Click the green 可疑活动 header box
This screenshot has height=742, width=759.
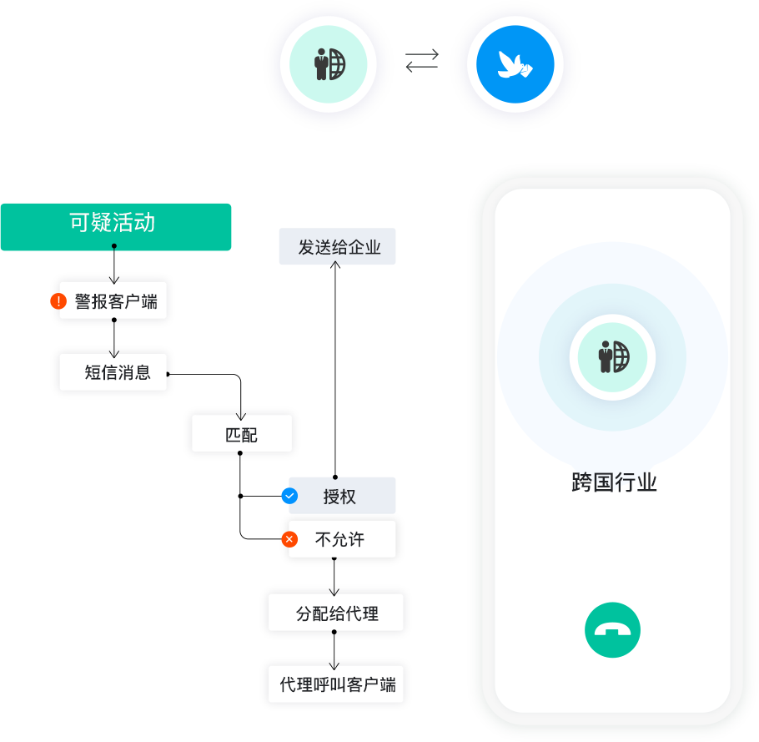(115, 226)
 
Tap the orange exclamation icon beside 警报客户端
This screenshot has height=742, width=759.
(58, 301)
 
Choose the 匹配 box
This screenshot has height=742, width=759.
(241, 434)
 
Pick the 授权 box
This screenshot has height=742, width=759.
(341, 497)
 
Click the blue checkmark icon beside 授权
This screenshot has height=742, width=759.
(289, 496)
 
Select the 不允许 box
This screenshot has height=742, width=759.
(341, 539)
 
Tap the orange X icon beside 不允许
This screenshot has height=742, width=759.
(289, 539)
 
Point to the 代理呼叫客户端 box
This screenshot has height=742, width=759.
(336, 686)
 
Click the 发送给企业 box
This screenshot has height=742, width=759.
(337, 248)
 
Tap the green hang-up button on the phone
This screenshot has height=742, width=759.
(612, 630)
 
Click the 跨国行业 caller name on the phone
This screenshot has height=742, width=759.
(614, 482)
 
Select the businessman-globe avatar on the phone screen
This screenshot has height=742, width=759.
(612, 357)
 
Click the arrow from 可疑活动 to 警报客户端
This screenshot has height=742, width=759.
(114, 265)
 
